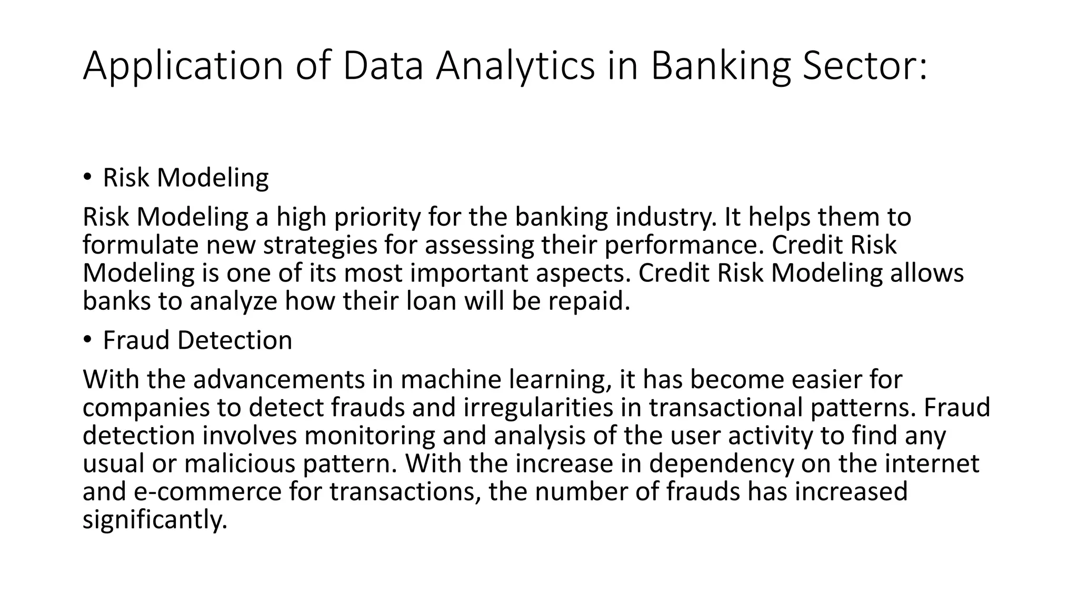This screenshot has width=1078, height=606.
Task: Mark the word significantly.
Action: (155, 520)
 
